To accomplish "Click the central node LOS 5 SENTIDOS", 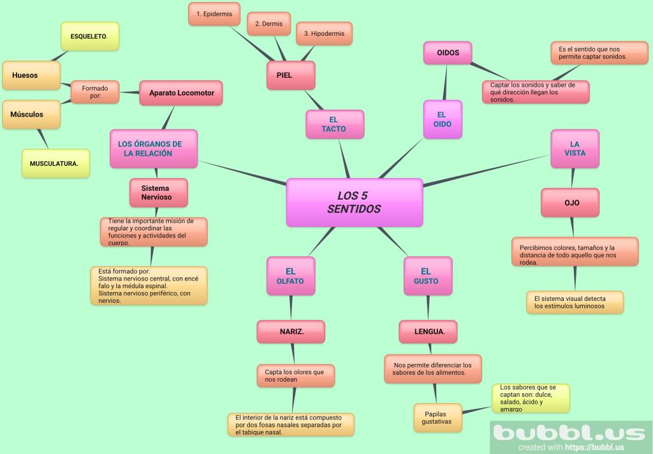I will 354,202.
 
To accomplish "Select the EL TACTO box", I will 334,124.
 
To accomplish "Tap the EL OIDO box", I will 443,119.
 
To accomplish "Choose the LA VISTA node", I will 575,149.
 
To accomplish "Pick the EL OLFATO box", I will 290,276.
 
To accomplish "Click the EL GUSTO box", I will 427,276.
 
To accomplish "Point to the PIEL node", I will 290,75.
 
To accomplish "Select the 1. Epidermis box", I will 214,13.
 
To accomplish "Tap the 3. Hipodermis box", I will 324,33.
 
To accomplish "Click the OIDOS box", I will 448,53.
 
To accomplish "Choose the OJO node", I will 571,203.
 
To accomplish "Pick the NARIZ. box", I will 291,332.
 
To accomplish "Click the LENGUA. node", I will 429,332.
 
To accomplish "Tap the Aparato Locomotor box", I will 181,93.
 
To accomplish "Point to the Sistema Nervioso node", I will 159,193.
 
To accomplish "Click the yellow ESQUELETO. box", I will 89,36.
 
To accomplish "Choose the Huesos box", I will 31,75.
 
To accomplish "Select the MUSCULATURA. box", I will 55,163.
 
